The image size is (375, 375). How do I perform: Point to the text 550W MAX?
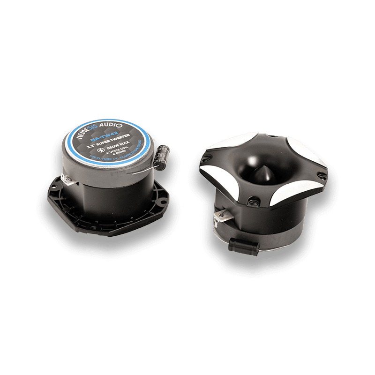(115, 149)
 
